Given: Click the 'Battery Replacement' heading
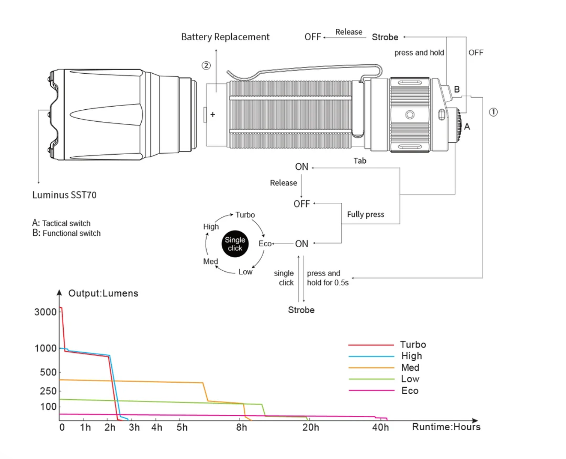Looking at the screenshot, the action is click(x=225, y=37).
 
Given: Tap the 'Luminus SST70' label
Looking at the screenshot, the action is click(x=64, y=195).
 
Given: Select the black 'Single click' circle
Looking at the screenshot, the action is click(x=235, y=243).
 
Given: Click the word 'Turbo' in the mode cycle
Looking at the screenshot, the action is click(x=245, y=215).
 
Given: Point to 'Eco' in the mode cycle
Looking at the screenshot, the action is click(x=265, y=243).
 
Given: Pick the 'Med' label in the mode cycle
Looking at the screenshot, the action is click(x=210, y=261).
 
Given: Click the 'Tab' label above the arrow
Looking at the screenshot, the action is click(x=360, y=161).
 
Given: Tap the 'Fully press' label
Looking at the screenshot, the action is click(x=366, y=214).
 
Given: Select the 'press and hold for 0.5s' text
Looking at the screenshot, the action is click(x=328, y=278).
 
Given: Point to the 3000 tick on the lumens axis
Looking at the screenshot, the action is click(x=45, y=312).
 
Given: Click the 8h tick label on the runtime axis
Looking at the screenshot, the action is click(x=241, y=428).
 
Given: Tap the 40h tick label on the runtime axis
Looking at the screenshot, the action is click(x=380, y=428).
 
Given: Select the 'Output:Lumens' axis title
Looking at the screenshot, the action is click(x=103, y=293).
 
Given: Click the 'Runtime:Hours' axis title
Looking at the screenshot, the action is click(x=446, y=427).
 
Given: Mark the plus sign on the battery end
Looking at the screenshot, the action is click(x=213, y=114).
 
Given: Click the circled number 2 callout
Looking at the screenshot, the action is click(x=206, y=65).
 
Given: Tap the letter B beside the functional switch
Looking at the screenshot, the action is click(x=457, y=89).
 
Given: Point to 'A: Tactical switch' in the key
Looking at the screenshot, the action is click(x=61, y=223).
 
